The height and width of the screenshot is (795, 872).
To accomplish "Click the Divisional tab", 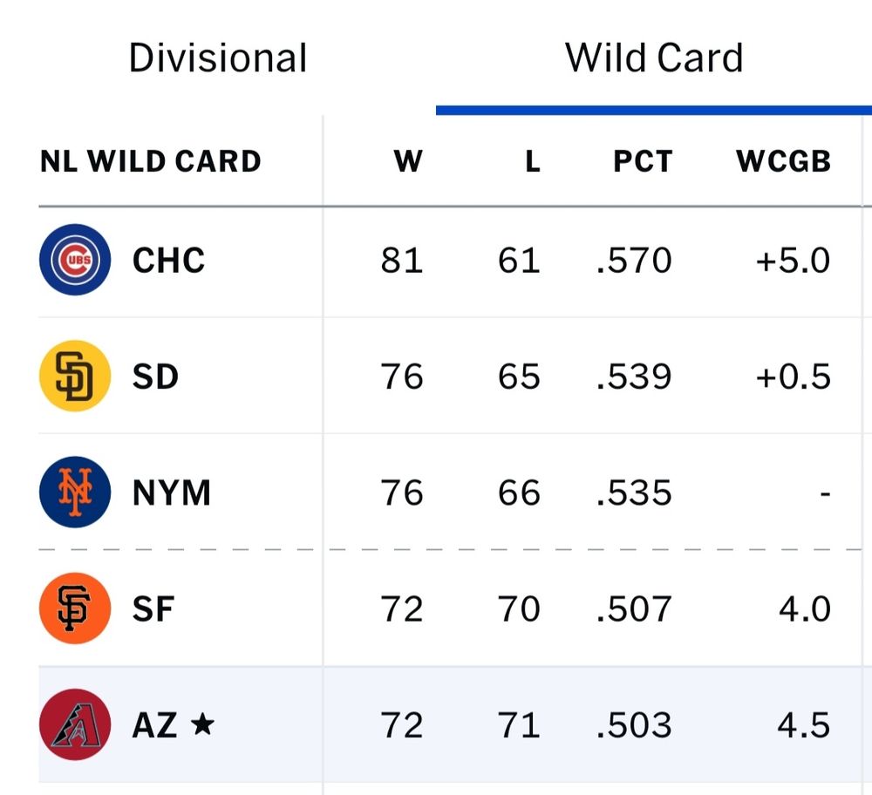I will [218, 58].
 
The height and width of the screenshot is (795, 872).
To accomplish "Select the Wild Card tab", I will [654, 58].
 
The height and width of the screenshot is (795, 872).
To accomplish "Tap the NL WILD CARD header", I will [151, 161].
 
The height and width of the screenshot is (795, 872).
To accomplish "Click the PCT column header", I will [643, 161].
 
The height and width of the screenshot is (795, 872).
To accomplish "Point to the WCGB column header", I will [783, 161].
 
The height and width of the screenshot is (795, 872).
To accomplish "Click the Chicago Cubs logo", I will [75, 260].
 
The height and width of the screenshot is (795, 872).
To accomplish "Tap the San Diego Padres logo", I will [75, 376].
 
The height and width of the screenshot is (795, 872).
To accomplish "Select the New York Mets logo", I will [75, 493].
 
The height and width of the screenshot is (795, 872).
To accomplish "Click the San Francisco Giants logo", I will [75, 608].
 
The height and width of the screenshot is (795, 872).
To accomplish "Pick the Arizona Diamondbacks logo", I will [75, 724].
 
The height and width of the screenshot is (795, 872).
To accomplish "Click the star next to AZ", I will [201, 724].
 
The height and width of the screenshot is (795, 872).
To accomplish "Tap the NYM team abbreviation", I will [172, 493].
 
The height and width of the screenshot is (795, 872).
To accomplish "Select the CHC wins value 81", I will [402, 261].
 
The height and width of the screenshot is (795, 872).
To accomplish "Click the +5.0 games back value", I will [793, 261].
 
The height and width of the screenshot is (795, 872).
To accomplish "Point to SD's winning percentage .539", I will [634, 377].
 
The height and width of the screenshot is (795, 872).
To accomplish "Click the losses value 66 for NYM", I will [519, 493].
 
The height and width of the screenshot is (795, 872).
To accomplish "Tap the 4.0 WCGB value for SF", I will [804, 609].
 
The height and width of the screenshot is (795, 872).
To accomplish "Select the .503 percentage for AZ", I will [634, 725].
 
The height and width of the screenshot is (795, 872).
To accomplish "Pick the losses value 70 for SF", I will [519, 609].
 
